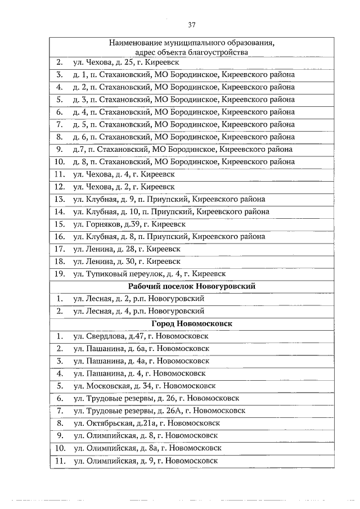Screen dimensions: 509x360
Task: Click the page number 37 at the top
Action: point(191,25)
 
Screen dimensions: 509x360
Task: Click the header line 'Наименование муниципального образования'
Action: point(191,43)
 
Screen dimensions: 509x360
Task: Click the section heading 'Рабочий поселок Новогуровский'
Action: point(191,286)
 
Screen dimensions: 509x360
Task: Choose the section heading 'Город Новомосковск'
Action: point(191,323)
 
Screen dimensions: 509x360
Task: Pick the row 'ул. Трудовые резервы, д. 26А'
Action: point(159,411)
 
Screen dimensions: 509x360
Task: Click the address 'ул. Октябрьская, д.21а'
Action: point(146,423)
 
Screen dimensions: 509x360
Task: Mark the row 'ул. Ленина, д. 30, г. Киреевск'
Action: point(127,262)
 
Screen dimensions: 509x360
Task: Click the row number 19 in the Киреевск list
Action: point(59,274)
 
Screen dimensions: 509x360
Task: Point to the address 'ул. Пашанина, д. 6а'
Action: point(141,348)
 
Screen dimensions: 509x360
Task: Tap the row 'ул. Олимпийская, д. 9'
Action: point(145,461)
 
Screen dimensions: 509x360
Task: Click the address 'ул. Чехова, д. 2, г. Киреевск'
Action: point(124,187)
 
